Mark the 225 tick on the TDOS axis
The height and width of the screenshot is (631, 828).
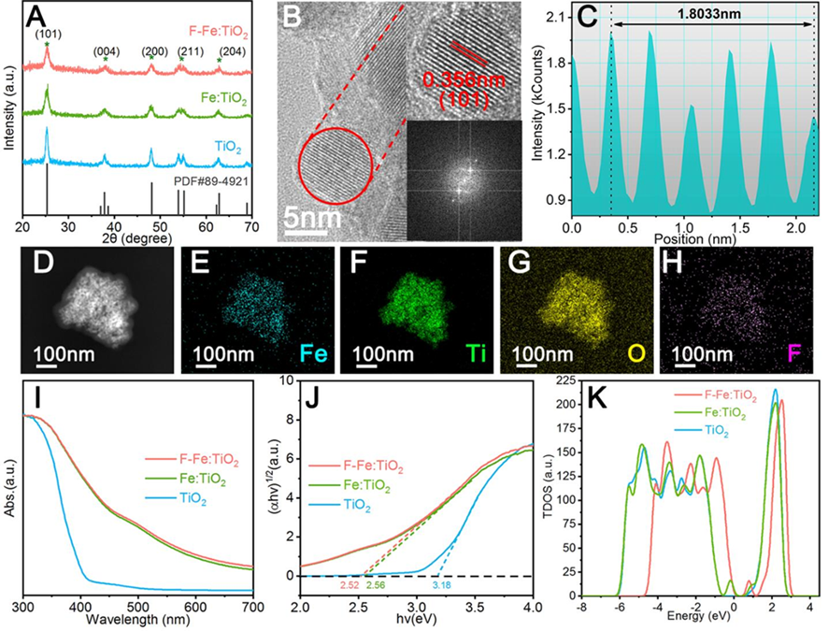(x=564, y=381)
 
